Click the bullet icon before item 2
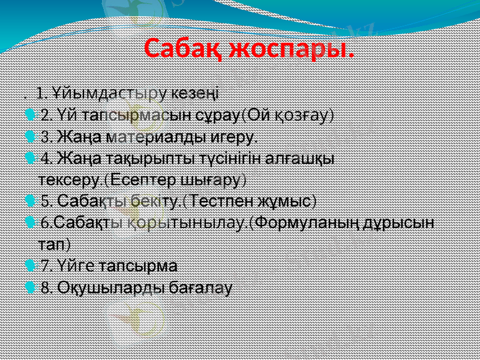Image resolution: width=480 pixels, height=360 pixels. tap(31, 115)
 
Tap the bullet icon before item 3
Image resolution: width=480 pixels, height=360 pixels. tap(31, 137)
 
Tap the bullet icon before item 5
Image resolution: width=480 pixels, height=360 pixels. tap(31, 200)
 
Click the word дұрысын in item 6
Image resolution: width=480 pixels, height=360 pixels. tap(398, 223)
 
